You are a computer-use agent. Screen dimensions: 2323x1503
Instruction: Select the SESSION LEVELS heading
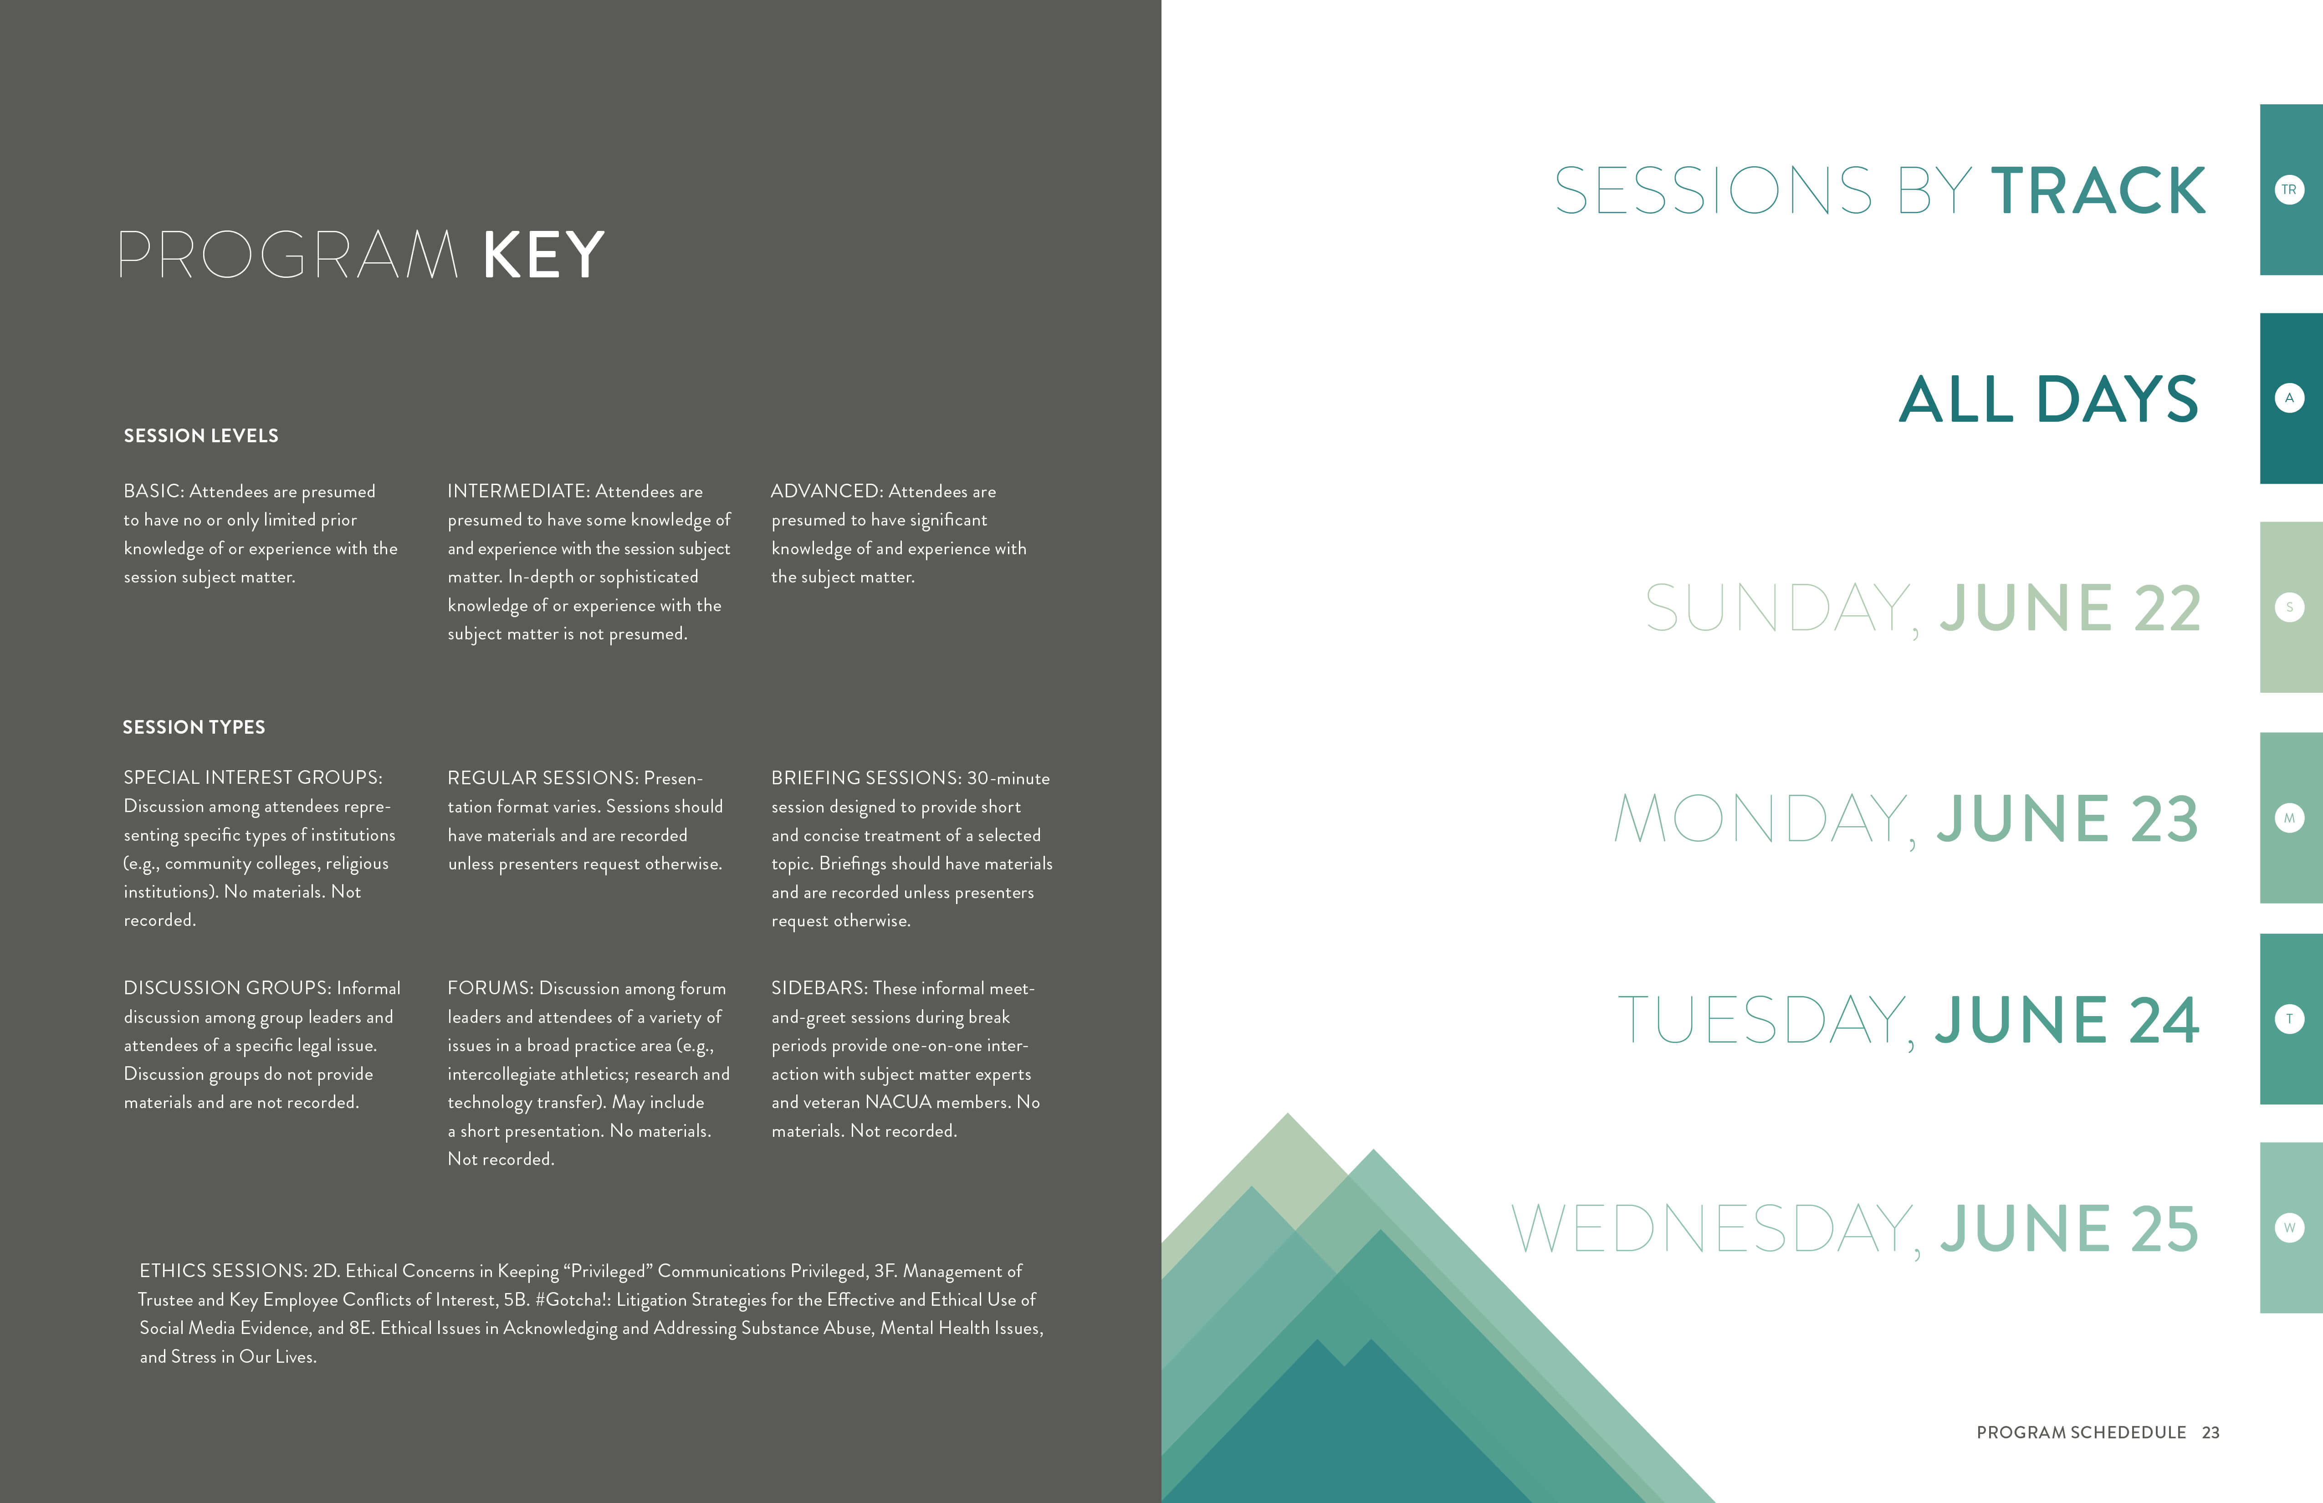point(201,435)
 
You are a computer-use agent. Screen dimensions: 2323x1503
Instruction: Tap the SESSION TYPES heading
point(194,727)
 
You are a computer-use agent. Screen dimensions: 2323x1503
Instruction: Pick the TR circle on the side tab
point(2289,189)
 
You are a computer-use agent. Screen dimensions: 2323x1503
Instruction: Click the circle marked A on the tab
point(2289,398)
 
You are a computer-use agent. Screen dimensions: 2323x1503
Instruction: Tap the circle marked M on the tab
point(2289,818)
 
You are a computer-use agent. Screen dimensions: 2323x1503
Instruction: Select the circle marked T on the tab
point(2289,1019)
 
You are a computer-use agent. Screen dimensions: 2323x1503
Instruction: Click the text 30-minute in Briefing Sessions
point(1008,778)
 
